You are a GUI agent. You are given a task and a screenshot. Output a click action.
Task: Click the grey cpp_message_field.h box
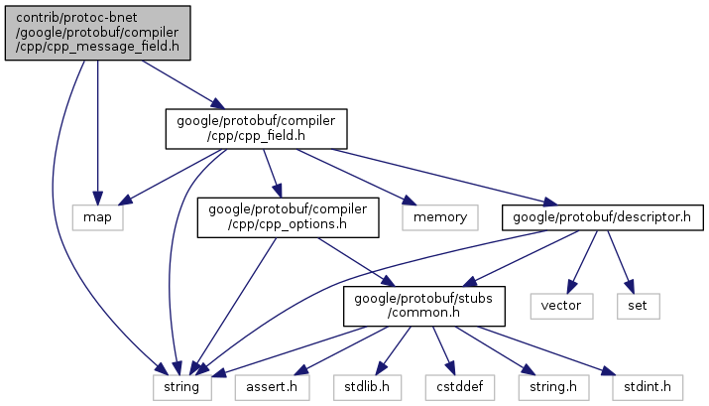pyautogui.click(x=97, y=33)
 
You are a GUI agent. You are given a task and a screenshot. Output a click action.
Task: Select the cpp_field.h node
pyautogui.click(x=257, y=128)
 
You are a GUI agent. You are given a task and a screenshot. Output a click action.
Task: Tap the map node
pyautogui.click(x=97, y=217)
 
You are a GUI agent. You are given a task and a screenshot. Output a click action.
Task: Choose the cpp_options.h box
pyautogui.click(x=288, y=217)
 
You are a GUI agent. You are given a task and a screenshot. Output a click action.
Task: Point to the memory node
pyautogui.click(x=440, y=217)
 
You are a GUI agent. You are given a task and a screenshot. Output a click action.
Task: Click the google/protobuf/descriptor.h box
pyautogui.click(x=602, y=217)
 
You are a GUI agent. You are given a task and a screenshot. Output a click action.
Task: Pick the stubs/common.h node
pyautogui.click(x=424, y=306)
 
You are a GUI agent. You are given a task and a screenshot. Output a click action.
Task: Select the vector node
pyautogui.click(x=561, y=306)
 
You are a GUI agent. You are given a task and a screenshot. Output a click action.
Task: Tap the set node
pyautogui.click(x=638, y=306)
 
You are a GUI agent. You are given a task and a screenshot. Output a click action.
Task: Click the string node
pyautogui.click(x=181, y=387)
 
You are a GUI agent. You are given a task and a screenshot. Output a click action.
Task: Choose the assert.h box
pyautogui.click(x=273, y=387)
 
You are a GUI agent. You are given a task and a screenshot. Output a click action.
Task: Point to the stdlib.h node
pyautogui.click(x=367, y=387)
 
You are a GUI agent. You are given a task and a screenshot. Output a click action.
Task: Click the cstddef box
pyautogui.click(x=460, y=387)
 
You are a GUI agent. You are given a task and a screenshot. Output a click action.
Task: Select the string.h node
pyautogui.click(x=553, y=387)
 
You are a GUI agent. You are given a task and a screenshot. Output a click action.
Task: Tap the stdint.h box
pyautogui.click(x=648, y=387)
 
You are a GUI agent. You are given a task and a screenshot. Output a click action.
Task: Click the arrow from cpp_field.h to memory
pyautogui.click(x=356, y=177)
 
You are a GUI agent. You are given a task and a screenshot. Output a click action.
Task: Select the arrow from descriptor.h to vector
pyautogui.click(x=582, y=262)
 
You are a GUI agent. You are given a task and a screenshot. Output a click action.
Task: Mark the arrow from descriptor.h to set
pyautogui.click(x=621, y=262)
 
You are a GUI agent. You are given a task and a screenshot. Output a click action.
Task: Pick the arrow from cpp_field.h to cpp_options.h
pyautogui.click(x=273, y=174)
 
